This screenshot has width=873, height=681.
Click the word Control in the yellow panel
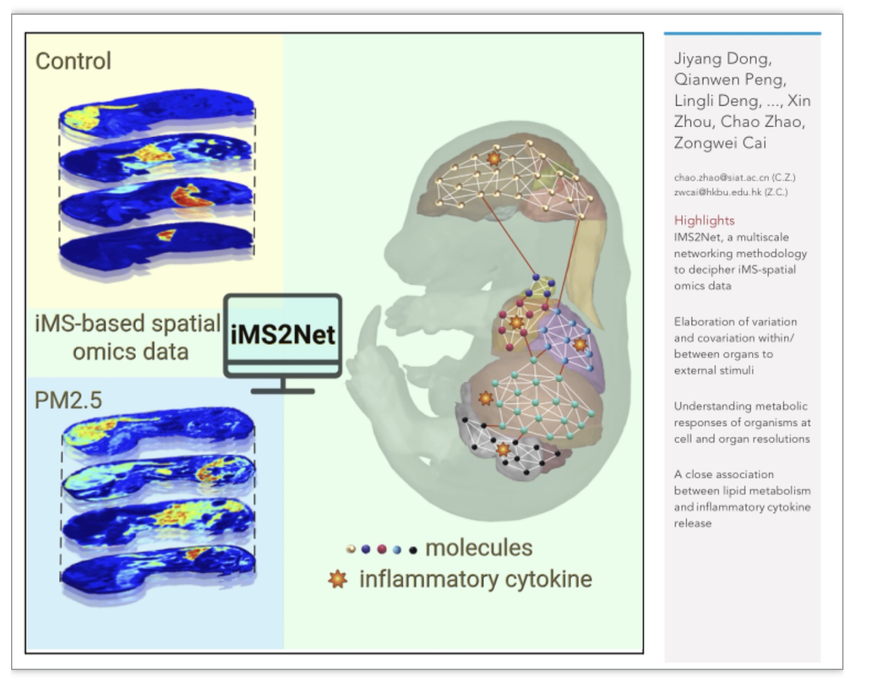coord(73,61)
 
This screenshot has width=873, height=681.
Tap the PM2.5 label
coord(68,400)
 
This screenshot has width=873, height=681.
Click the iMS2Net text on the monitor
coord(282,334)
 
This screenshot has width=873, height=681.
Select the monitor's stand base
coord(282,391)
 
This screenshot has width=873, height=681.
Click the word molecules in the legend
coord(479,548)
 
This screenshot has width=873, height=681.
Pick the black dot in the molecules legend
coord(413,550)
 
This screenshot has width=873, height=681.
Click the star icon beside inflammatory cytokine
coord(338,580)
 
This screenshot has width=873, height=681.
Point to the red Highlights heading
coord(705,221)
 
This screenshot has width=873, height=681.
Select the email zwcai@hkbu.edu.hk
coord(717,192)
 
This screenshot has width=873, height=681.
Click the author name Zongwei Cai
coord(720,143)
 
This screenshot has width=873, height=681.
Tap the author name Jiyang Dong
coord(722,59)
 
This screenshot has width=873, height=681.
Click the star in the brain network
coord(494,158)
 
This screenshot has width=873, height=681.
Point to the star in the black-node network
coord(502,449)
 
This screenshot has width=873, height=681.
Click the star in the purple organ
coord(580,345)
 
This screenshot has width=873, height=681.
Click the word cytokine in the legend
coord(548,579)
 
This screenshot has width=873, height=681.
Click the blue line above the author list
coord(743,33)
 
